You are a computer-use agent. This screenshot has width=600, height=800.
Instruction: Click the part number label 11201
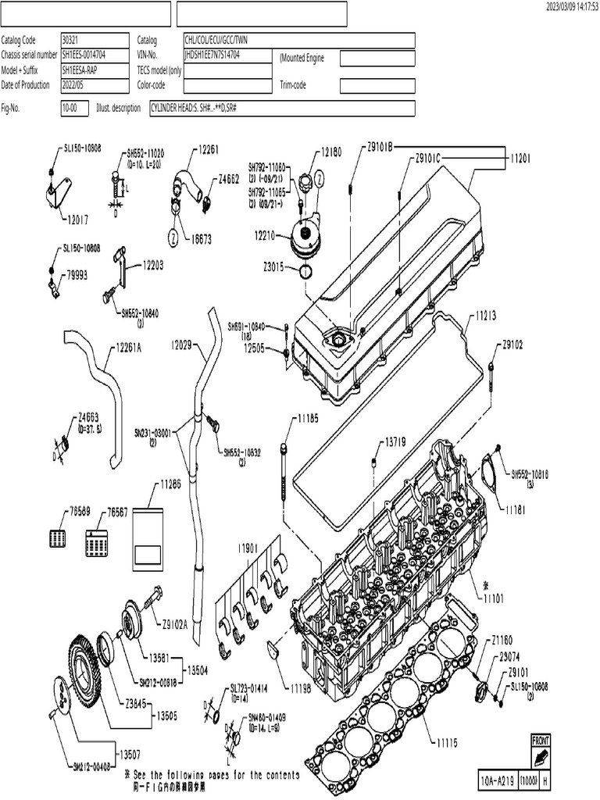pyautogui.click(x=520, y=157)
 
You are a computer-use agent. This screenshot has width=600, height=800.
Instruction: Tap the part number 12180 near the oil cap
pyautogui.click(x=330, y=153)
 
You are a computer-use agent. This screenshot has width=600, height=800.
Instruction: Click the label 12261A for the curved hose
pyautogui.click(x=129, y=348)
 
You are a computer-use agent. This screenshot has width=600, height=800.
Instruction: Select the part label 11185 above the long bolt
pyautogui.click(x=307, y=420)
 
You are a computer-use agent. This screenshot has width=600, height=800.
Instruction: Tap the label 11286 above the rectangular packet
pyautogui.click(x=170, y=485)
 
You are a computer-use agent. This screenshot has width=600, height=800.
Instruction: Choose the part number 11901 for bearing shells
pyautogui.click(x=248, y=548)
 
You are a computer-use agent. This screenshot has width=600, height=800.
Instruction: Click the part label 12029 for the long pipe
pyautogui.click(x=181, y=345)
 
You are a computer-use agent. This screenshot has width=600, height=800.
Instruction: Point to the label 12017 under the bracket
pyautogui.click(x=77, y=220)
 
